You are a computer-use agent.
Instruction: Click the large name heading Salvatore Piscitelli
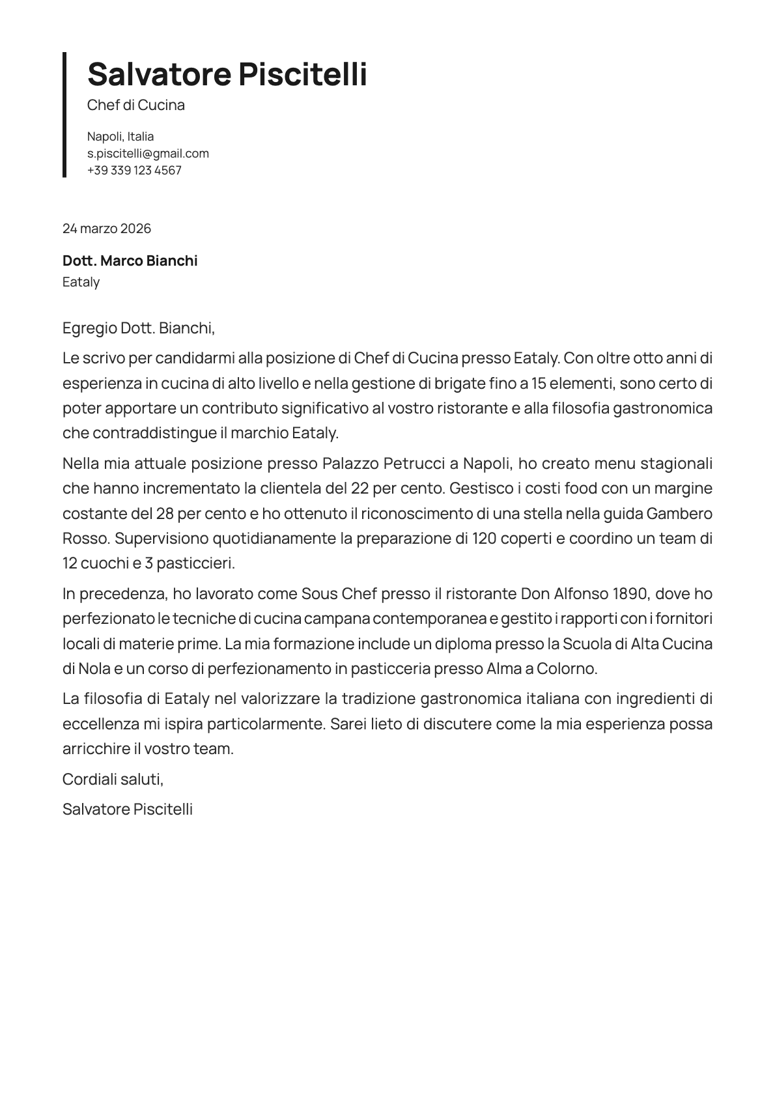tap(227, 74)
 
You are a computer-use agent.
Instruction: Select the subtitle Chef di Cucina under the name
tap(136, 105)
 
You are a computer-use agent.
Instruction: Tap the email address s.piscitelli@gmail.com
tap(148, 154)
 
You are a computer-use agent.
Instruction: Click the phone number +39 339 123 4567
tap(134, 171)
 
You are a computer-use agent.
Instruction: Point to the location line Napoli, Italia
tap(120, 137)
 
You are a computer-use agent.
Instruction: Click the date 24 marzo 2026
tap(107, 229)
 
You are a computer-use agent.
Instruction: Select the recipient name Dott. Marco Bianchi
tap(130, 261)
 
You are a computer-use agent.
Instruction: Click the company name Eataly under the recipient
tap(81, 282)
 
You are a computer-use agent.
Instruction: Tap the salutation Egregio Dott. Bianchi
tap(138, 328)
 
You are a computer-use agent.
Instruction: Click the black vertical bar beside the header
tap(64, 115)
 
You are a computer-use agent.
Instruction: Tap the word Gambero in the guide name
tap(679, 514)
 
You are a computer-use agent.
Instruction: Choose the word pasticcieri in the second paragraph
tap(194, 563)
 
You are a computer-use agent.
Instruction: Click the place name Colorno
tap(566, 669)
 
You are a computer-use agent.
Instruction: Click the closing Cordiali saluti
tap(113, 779)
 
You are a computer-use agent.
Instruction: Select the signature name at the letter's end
tap(128, 809)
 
